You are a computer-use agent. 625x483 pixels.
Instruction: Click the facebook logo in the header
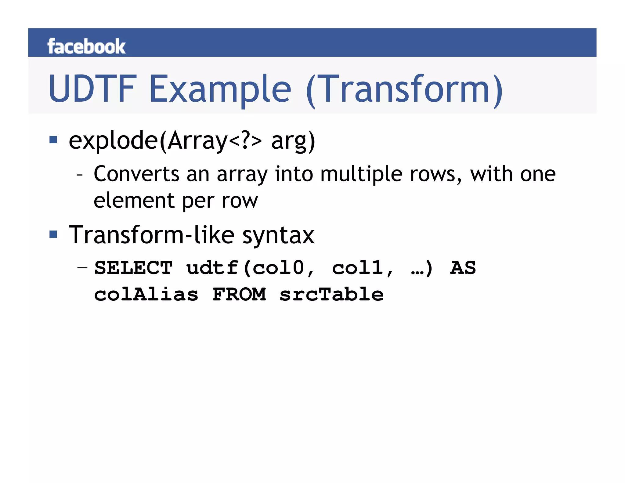[x=86, y=46]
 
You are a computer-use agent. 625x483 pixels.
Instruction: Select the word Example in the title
[x=220, y=89]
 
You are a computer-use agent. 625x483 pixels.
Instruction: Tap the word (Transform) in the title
[x=404, y=90]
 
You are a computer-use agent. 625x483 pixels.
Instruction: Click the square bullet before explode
[x=53, y=140]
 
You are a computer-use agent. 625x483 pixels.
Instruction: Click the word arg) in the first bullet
[x=293, y=141]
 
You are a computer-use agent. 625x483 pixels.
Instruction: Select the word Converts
[x=136, y=174]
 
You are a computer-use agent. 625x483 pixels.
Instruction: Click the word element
[x=134, y=201]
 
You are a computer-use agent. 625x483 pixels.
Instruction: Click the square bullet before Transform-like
[x=53, y=234]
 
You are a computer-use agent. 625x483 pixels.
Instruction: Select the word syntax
[x=278, y=236]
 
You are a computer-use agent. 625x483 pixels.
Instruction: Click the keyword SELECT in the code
[x=133, y=268]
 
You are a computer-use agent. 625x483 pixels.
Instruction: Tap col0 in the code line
[x=278, y=268]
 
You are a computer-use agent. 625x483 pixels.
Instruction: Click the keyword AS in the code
[x=463, y=268]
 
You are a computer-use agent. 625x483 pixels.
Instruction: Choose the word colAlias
[x=146, y=294]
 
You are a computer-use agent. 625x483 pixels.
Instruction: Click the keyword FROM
[x=239, y=294]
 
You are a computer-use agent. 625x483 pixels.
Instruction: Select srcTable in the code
[x=331, y=294]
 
